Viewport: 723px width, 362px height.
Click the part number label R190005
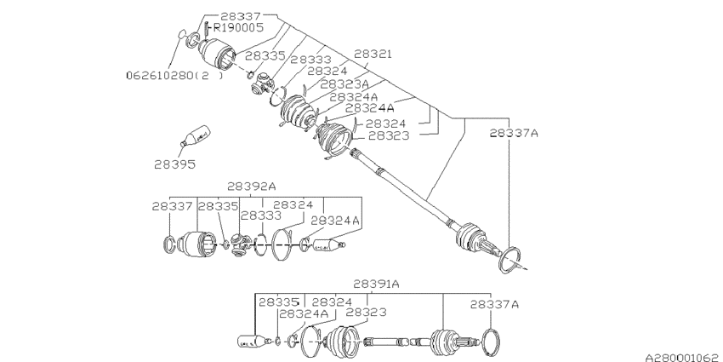[238, 27]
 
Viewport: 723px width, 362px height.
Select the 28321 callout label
[373, 54]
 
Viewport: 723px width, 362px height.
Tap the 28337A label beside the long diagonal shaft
[515, 133]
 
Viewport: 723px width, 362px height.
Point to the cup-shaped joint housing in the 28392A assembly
[202, 245]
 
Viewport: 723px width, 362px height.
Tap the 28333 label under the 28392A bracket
[260, 217]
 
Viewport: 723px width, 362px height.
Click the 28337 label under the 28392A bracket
[174, 206]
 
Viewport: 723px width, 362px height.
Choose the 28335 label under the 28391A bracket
[280, 302]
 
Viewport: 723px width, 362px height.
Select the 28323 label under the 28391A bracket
[367, 313]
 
